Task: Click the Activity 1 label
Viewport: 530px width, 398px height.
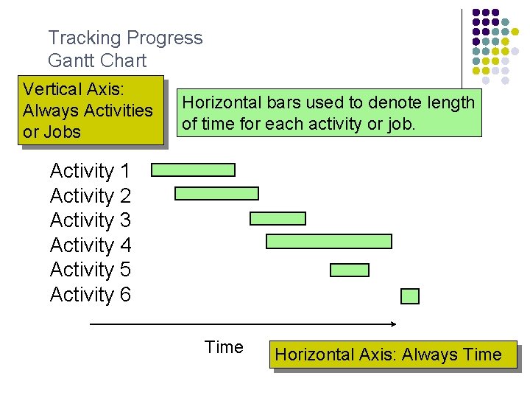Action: pyautogui.click(x=90, y=171)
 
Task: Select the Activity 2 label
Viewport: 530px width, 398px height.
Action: pyautogui.click(x=90, y=196)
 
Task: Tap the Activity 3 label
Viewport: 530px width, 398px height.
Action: pyautogui.click(x=90, y=220)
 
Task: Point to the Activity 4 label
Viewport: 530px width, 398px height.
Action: pyautogui.click(x=90, y=245)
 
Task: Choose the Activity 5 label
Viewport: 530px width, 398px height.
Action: pyautogui.click(x=90, y=270)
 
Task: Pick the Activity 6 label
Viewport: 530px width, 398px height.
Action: pyautogui.click(x=90, y=295)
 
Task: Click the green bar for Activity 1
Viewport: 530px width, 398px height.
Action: pyautogui.click(x=193, y=170)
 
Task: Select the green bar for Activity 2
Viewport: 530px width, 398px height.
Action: pyautogui.click(x=216, y=194)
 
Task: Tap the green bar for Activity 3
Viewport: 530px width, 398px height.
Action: pyautogui.click(x=278, y=218)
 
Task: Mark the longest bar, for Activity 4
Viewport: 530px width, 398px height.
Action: pyautogui.click(x=328, y=241)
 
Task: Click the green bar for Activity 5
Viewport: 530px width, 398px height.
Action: pyautogui.click(x=350, y=270)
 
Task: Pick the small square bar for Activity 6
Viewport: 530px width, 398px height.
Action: pyautogui.click(x=410, y=296)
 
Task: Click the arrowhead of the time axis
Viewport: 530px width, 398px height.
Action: pyautogui.click(x=393, y=324)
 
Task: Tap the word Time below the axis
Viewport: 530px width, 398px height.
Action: pyautogui.click(x=224, y=347)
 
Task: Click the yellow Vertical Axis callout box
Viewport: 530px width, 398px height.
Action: pyautogui.click(x=91, y=111)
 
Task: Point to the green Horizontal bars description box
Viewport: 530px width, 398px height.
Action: pyautogui.click(x=328, y=113)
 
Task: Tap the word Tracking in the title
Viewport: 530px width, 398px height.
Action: pyautogui.click(x=84, y=38)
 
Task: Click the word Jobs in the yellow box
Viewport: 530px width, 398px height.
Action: pyautogui.click(x=62, y=133)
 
